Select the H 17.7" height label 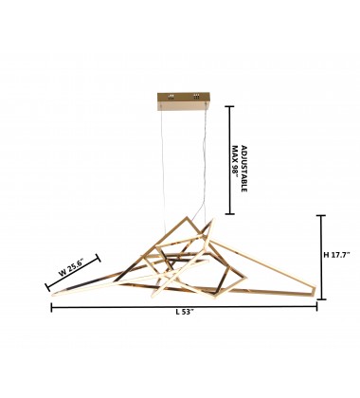coord(337,255)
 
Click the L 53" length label coord(184,313)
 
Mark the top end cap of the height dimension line coord(321,215)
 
